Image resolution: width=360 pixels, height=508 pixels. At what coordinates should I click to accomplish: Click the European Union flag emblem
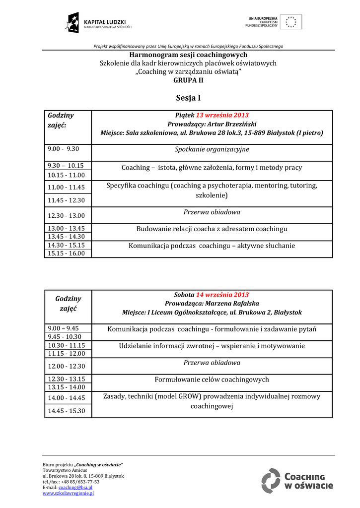pyautogui.click(x=290, y=22)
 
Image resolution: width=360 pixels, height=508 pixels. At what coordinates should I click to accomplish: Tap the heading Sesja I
pyautogui.click(x=188, y=98)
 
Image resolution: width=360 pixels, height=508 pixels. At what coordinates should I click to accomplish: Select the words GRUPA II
pyautogui.click(x=188, y=80)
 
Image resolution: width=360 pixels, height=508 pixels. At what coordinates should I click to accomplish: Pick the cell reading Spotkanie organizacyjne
pyautogui.click(x=212, y=149)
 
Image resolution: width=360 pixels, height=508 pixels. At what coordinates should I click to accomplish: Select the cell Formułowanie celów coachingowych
pyautogui.click(x=212, y=380)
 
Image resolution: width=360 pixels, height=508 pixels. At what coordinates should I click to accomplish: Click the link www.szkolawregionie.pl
pyautogui.click(x=68, y=493)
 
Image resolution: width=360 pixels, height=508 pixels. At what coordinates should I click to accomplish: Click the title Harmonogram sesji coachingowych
pyautogui.click(x=188, y=55)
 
